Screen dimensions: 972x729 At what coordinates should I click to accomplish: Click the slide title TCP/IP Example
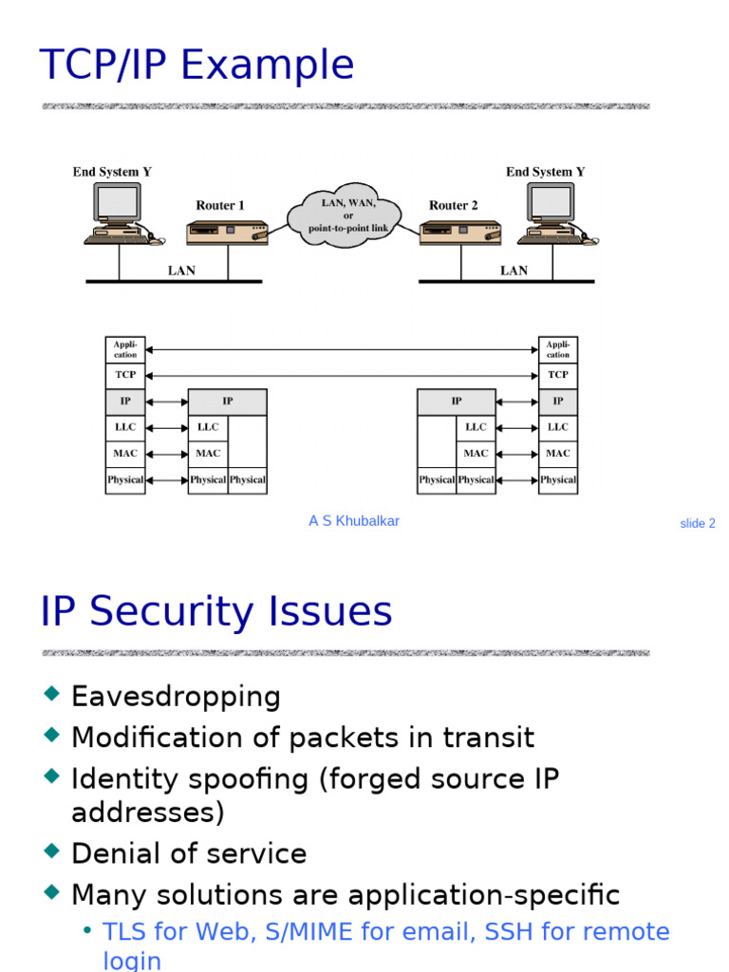point(196,65)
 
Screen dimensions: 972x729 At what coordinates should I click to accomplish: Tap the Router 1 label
point(220,205)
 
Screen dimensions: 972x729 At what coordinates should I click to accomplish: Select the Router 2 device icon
point(460,233)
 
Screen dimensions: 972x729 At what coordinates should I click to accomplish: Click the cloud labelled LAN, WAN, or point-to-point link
point(348,216)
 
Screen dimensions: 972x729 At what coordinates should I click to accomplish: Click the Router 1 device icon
point(227,233)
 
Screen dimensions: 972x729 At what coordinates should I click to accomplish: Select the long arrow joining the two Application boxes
point(342,350)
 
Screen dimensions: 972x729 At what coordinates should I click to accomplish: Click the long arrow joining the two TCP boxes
point(342,376)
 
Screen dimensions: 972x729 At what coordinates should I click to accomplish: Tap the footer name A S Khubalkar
point(354,521)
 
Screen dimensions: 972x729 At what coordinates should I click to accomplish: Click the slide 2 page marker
point(698,523)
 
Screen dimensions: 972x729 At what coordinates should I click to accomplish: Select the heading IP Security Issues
point(216,612)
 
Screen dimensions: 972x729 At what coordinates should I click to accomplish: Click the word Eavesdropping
point(176,697)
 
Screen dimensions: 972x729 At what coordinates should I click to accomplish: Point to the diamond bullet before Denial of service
point(51,851)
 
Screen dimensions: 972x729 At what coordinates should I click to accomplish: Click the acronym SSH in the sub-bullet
point(506,932)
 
